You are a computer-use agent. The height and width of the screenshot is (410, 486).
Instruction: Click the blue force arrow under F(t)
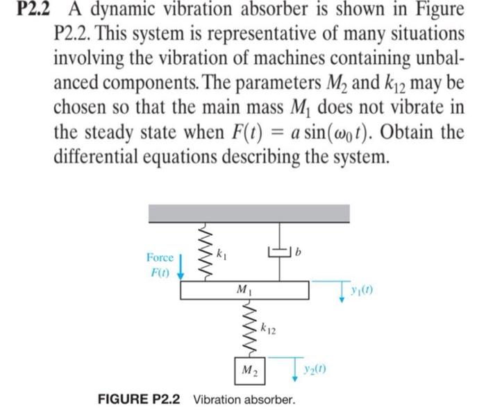click(x=182, y=267)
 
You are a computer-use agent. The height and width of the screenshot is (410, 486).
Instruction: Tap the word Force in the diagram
click(x=160, y=257)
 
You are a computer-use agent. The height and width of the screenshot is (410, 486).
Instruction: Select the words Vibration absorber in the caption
click(x=244, y=400)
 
